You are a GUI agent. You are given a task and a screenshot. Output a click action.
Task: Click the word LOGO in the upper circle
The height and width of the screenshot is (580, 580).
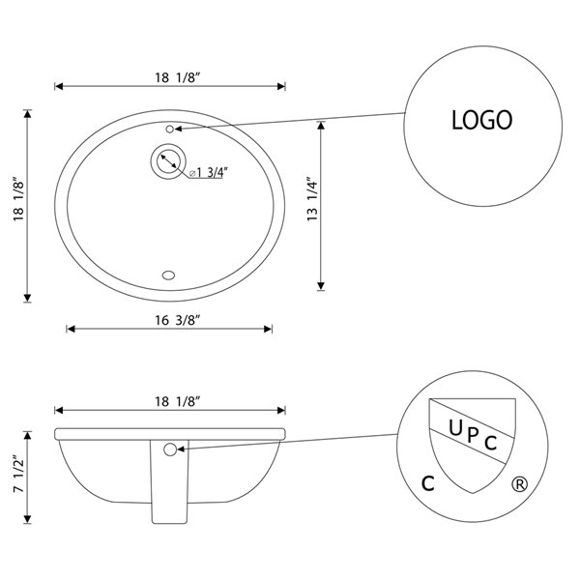click(481, 120)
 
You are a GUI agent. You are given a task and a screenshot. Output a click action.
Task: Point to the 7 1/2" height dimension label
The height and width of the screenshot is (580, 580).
click(17, 475)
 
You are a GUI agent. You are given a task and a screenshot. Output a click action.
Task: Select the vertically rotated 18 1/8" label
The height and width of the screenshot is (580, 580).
click(17, 205)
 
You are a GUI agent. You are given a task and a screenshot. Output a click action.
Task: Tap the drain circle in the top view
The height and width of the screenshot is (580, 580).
click(167, 160)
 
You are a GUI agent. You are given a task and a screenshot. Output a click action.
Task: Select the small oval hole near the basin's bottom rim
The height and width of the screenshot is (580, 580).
click(170, 275)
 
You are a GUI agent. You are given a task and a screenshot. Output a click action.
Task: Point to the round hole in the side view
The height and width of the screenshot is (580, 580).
click(170, 449)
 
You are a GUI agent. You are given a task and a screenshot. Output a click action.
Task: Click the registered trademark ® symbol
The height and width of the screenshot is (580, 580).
click(520, 483)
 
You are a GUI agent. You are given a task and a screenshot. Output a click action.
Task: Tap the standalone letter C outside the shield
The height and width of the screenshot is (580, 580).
click(426, 483)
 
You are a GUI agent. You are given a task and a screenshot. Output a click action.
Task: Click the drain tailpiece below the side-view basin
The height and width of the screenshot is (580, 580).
click(169, 493)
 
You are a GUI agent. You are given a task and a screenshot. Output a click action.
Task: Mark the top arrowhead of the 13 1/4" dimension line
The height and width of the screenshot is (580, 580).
click(321, 123)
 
